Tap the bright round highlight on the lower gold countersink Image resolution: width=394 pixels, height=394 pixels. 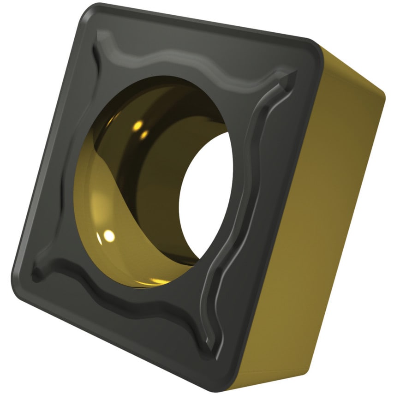(x=109, y=236)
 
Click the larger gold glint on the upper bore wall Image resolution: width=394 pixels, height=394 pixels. (x=137, y=125)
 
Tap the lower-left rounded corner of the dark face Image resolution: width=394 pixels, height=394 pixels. (x=21, y=272)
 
